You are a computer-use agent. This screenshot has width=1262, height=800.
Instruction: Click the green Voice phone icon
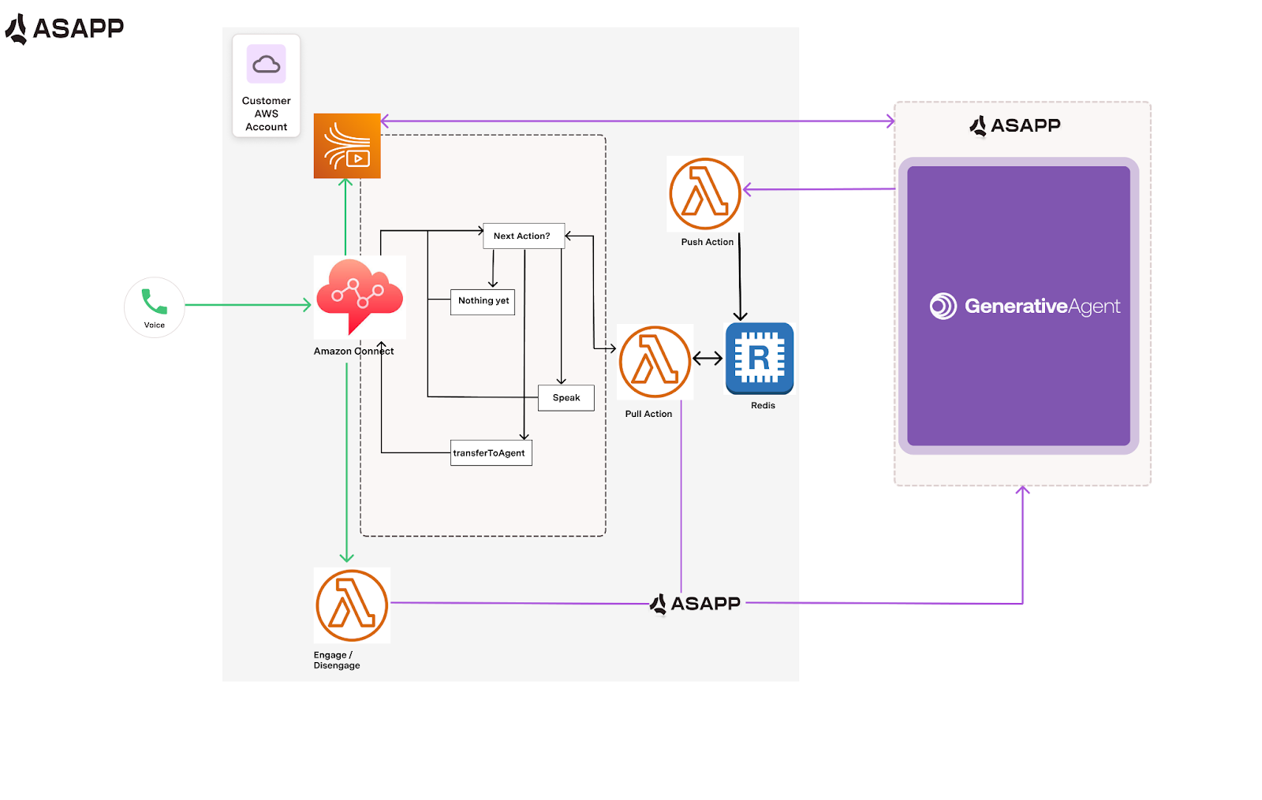tap(154, 302)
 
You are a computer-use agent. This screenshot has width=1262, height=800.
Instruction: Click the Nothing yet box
tap(483, 301)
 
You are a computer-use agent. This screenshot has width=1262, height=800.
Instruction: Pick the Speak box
tap(566, 398)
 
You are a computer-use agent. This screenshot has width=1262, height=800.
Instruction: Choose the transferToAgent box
tap(491, 453)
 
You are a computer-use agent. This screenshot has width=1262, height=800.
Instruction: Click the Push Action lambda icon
tap(705, 194)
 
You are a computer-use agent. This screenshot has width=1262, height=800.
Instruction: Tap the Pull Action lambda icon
tap(655, 362)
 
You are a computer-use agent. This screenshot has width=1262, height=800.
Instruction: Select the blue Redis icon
tap(760, 358)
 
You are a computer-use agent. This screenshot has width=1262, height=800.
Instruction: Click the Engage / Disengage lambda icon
tap(352, 605)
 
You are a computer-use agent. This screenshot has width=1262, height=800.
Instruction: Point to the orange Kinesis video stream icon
tap(347, 146)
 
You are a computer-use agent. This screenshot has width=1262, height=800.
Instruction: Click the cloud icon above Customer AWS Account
tap(267, 64)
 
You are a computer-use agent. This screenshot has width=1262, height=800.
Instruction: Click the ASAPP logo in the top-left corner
tap(65, 28)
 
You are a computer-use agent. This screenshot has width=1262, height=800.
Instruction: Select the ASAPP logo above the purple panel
tap(1015, 125)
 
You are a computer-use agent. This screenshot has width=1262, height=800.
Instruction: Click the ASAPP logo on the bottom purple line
tap(695, 604)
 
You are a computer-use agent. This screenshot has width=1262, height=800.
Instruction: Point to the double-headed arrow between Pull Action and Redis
tap(708, 359)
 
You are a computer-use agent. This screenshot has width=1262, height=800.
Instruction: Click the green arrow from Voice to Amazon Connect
tap(248, 305)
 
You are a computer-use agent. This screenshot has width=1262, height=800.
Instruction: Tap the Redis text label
tap(763, 406)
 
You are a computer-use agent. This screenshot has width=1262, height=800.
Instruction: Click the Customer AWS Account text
tap(267, 113)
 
